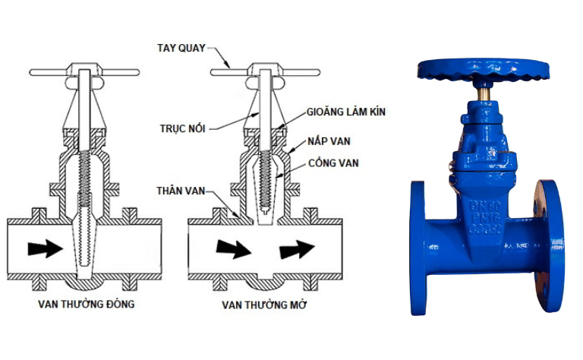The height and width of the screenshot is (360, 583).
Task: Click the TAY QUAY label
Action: point(181,48)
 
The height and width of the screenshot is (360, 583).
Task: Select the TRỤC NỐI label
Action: point(182,128)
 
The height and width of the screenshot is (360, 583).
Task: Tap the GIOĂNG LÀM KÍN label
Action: point(346,112)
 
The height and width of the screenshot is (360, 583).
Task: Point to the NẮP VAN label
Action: point(329,141)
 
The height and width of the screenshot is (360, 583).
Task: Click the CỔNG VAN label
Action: point(333,163)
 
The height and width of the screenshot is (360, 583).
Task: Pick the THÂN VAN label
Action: point(181,191)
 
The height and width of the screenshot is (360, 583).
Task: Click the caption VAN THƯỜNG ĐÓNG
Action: point(87,304)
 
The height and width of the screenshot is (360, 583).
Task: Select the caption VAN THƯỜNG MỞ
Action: point(264,305)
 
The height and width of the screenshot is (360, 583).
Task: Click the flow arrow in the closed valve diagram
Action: point(45,248)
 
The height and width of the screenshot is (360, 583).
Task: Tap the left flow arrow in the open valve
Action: point(234,249)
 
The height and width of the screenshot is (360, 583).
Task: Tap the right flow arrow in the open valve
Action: point(297,249)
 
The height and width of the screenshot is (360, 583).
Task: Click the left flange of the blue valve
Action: point(418,248)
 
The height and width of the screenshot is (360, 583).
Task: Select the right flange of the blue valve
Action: point(549,246)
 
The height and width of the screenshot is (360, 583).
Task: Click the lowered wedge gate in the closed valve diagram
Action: point(85,241)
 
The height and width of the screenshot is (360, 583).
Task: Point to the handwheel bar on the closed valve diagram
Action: point(84,72)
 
